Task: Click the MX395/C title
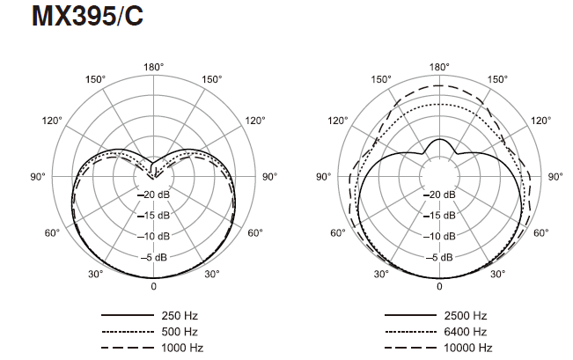pos(87,16)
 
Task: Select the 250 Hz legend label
pos(180,315)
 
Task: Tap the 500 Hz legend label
pos(180,332)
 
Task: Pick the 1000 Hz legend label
pos(182,348)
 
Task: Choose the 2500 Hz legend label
pos(466,315)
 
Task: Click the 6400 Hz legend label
pos(466,332)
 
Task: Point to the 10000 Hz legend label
pos(468,348)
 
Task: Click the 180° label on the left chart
pos(153,67)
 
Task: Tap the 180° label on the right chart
pos(439,67)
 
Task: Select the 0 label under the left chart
pos(153,286)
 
